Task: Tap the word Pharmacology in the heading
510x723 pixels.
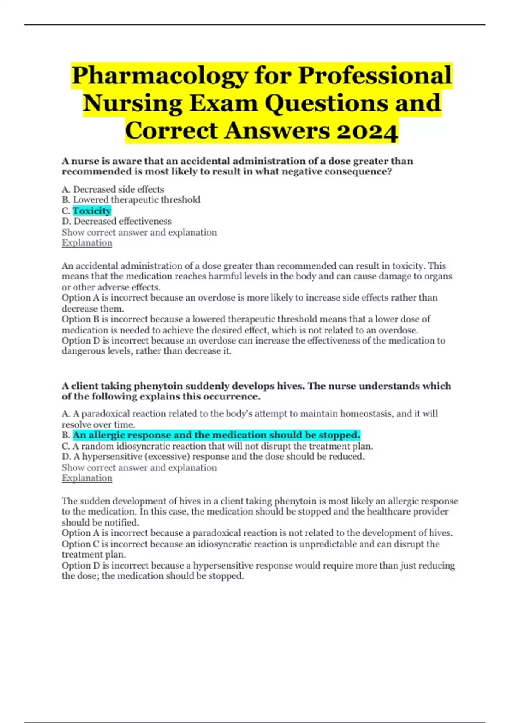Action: [160, 76]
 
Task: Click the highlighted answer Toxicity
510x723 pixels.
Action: [92, 211]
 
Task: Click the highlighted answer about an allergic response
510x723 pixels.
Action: [216, 435]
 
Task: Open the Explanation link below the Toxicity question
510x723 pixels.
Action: [87, 243]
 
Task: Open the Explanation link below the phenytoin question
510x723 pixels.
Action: [87, 478]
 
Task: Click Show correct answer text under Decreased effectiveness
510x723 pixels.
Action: [139, 232]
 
